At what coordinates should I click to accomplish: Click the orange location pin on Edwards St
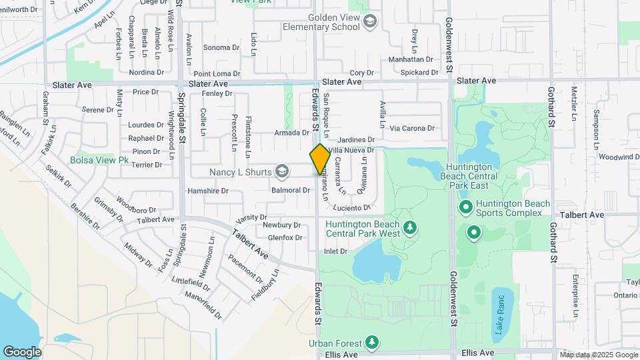320,159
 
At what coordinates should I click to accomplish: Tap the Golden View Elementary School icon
369,22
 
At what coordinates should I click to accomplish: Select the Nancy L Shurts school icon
282,172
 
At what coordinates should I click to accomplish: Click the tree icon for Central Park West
411,229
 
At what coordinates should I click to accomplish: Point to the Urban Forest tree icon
372,343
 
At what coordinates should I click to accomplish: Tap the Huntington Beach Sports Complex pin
465,208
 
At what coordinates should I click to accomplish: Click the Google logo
22,351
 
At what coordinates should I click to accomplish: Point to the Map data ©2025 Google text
599,354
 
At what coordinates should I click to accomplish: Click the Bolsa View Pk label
100,160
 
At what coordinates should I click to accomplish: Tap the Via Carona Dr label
412,128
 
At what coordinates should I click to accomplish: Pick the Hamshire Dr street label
208,191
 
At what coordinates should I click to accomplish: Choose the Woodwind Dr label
619,157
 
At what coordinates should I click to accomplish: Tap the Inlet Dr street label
336,251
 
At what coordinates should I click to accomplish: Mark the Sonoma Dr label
221,47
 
